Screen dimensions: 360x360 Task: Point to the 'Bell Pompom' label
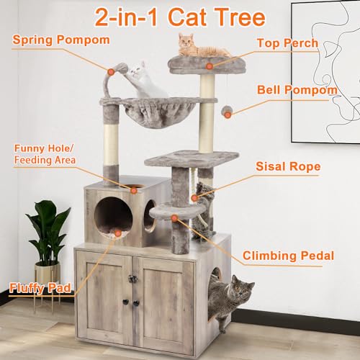click(297, 91)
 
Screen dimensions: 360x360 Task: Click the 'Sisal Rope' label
click(288, 167)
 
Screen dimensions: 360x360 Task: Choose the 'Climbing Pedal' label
click(288, 255)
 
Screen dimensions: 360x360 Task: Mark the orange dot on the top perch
click(208, 66)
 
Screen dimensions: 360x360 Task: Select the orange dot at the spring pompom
click(110, 71)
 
